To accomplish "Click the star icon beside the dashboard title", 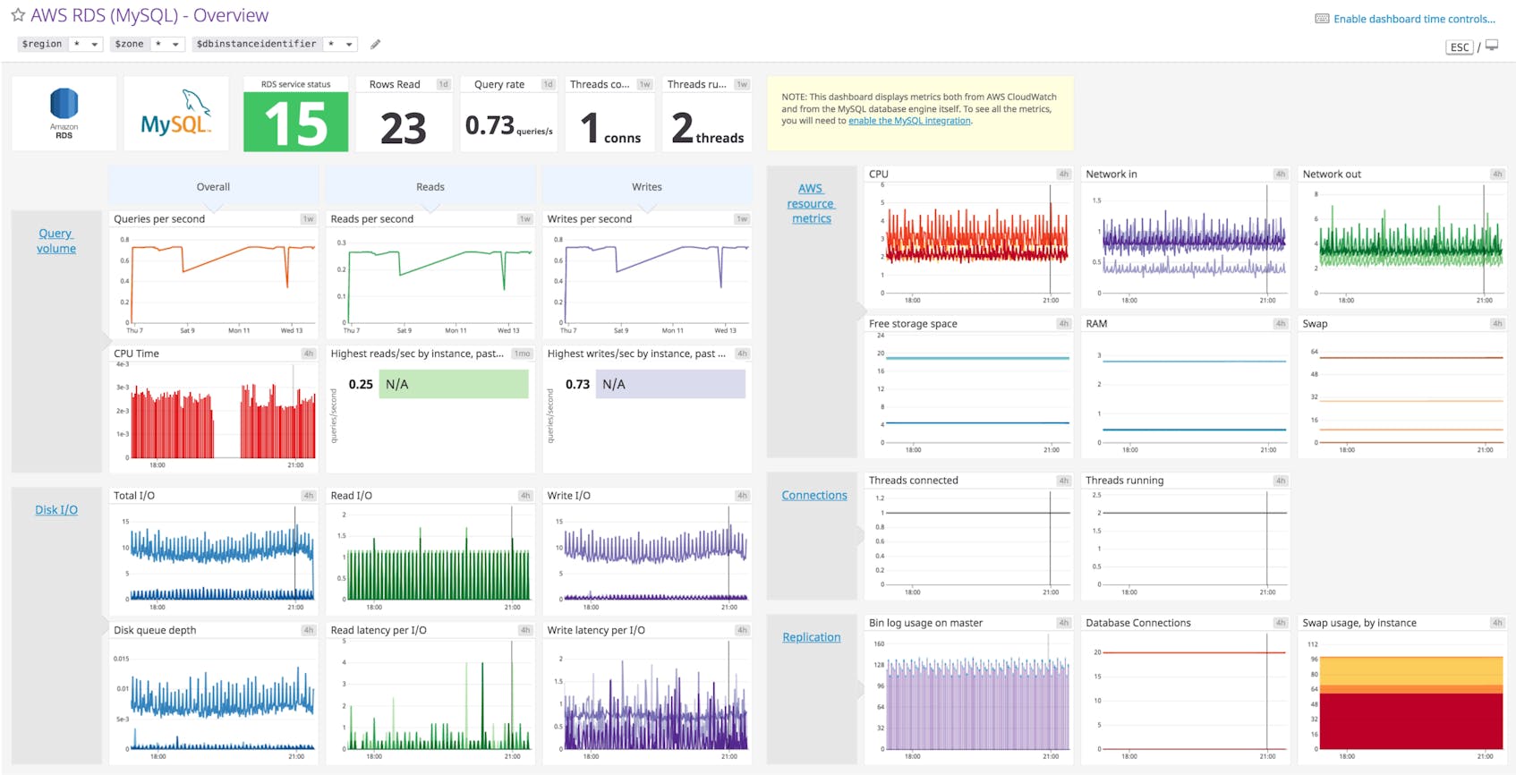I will click(x=17, y=15).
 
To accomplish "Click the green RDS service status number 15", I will click(x=295, y=123).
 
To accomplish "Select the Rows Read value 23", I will click(x=403, y=129).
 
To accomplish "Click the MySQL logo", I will click(x=175, y=114).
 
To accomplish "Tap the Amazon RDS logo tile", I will click(x=64, y=113).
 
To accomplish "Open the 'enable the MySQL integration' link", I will click(x=909, y=121).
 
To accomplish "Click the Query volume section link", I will click(x=55, y=241).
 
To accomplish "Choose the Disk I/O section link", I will click(x=56, y=510).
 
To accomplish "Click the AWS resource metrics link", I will click(x=811, y=203).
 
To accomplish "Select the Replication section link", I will click(x=811, y=637).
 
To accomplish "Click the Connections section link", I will click(x=813, y=495).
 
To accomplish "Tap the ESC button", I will click(x=1459, y=47).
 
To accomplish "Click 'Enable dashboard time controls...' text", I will click(x=1414, y=19).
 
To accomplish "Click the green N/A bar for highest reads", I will click(x=453, y=384).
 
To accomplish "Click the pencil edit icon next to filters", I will click(x=376, y=44).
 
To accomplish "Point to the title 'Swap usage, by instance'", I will click(x=1358, y=623).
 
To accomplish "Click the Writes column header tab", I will click(x=646, y=187).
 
